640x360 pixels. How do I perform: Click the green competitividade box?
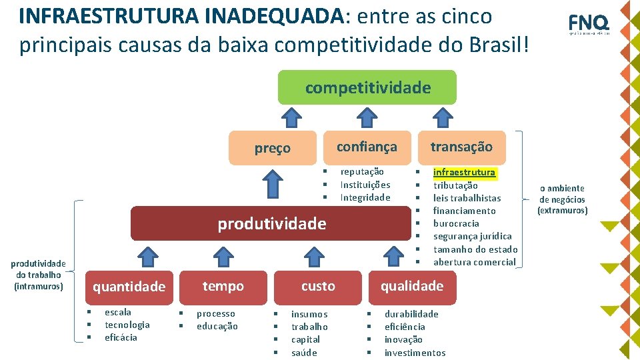367,87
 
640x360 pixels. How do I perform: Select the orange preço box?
272,148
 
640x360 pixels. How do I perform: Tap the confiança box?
366,147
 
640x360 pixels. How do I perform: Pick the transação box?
461,147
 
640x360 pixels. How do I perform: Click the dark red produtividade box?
271,224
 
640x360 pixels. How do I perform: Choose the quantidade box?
129,287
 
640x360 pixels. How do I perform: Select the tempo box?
223,286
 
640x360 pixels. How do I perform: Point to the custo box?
318,286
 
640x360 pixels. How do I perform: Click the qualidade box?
411,286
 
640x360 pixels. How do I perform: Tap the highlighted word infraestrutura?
464,172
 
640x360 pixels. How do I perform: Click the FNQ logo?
588,23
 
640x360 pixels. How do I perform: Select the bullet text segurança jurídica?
473,236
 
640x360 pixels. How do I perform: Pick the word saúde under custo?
304,353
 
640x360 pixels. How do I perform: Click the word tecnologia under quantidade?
127,325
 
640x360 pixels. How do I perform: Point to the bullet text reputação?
362,172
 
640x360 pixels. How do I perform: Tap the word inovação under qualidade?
403,339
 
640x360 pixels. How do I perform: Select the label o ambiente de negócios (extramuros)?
562,199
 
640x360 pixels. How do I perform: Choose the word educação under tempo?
217,326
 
